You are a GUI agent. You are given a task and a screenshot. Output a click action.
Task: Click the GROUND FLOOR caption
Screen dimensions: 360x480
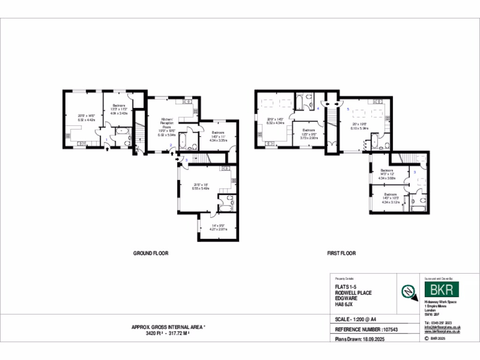pos(150,253)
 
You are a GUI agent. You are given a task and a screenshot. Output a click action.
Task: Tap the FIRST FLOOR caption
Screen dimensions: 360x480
pos(341,253)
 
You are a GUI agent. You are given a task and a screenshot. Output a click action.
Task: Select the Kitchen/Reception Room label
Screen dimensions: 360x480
pos(167,123)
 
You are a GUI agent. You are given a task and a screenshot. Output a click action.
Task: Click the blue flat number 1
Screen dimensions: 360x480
pos(107,140)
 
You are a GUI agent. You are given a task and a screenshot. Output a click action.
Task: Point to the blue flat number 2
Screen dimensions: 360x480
pos(171,145)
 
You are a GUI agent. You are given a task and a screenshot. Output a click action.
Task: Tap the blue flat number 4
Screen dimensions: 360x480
pos(318,109)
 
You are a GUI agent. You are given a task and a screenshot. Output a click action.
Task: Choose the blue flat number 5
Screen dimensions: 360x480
pos(348,109)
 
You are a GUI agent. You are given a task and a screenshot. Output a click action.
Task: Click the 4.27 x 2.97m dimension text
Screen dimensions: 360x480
pos(217,230)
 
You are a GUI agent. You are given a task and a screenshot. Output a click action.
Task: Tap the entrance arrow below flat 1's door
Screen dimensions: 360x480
pos(108,149)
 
